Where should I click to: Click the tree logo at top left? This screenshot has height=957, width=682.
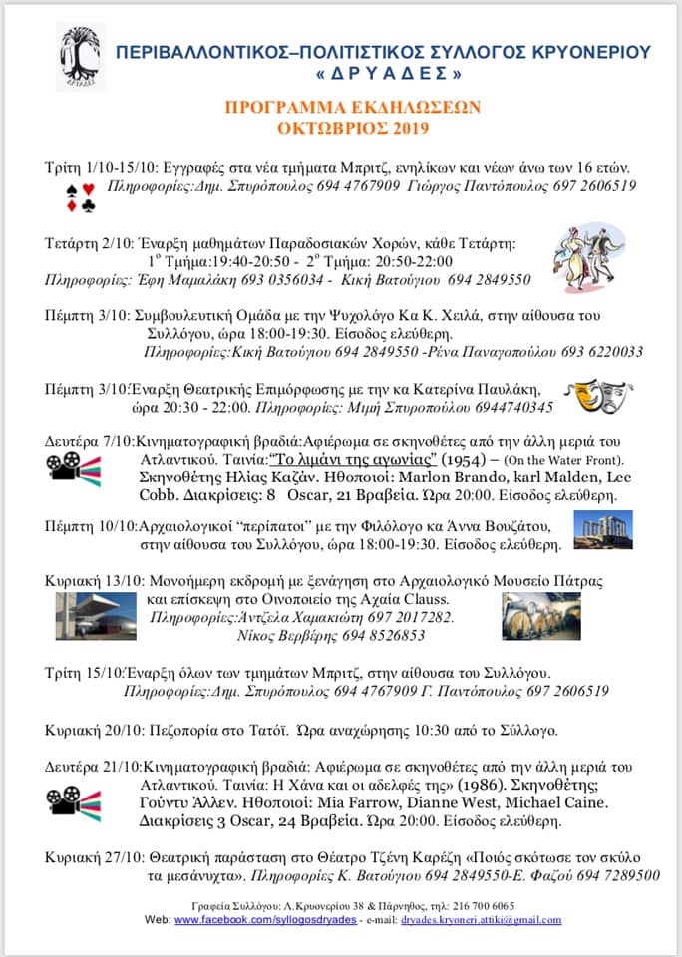click(x=80, y=57)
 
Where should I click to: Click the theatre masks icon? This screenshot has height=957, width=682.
click(x=598, y=396)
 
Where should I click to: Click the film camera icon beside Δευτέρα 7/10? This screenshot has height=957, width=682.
click(x=73, y=470)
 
